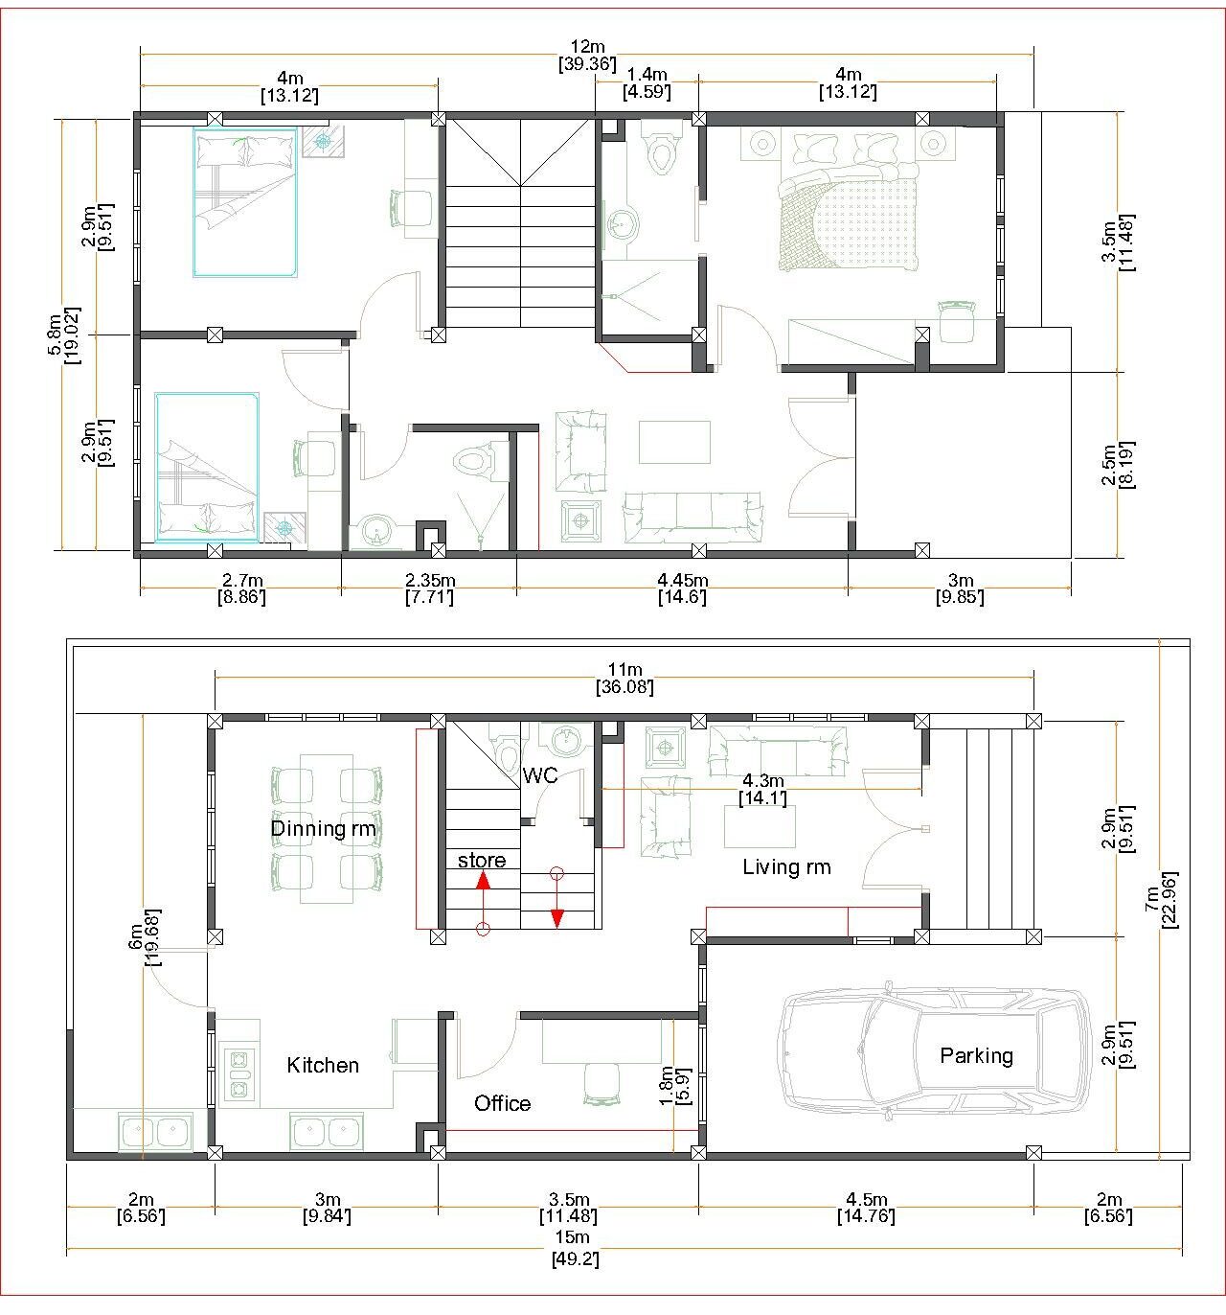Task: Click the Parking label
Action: point(976,1055)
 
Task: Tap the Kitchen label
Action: point(323,1065)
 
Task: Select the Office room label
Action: point(503,1103)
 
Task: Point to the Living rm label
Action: point(786,866)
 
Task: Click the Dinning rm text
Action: point(323,828)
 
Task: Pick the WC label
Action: point(540,775)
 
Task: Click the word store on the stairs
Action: point(482,860)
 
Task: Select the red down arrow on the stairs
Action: point(557,898)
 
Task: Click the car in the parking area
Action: point(936,1055)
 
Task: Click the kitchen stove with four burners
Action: point(238,1075)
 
